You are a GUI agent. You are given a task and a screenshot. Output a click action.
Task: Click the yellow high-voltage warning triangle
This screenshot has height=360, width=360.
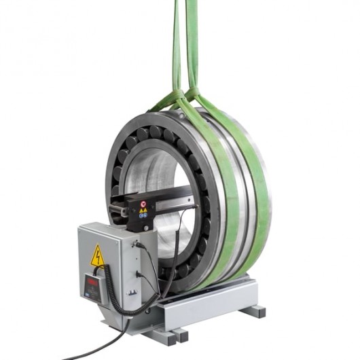pyautogui.click(x=98, y=255)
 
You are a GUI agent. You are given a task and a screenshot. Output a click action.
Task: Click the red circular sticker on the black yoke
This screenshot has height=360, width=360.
pyautogui.click(x=144, y=203)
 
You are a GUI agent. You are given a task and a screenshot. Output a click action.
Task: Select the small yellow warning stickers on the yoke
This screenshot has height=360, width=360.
pyautogui.click(x=143, y=211)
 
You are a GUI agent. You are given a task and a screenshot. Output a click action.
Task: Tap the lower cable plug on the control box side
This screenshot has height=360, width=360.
pyautogui.click(x=139, y=275)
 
